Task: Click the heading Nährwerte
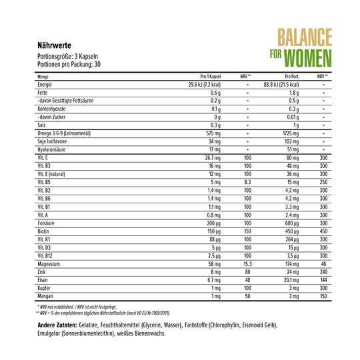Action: pyautogui.click(x=57, y=45)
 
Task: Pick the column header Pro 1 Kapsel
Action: pyautogui.click(x=210, y=77)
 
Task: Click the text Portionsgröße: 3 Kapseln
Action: pyautogui.click(x=69, y=58)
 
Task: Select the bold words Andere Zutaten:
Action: pyautogui.click(x=57, y=325)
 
